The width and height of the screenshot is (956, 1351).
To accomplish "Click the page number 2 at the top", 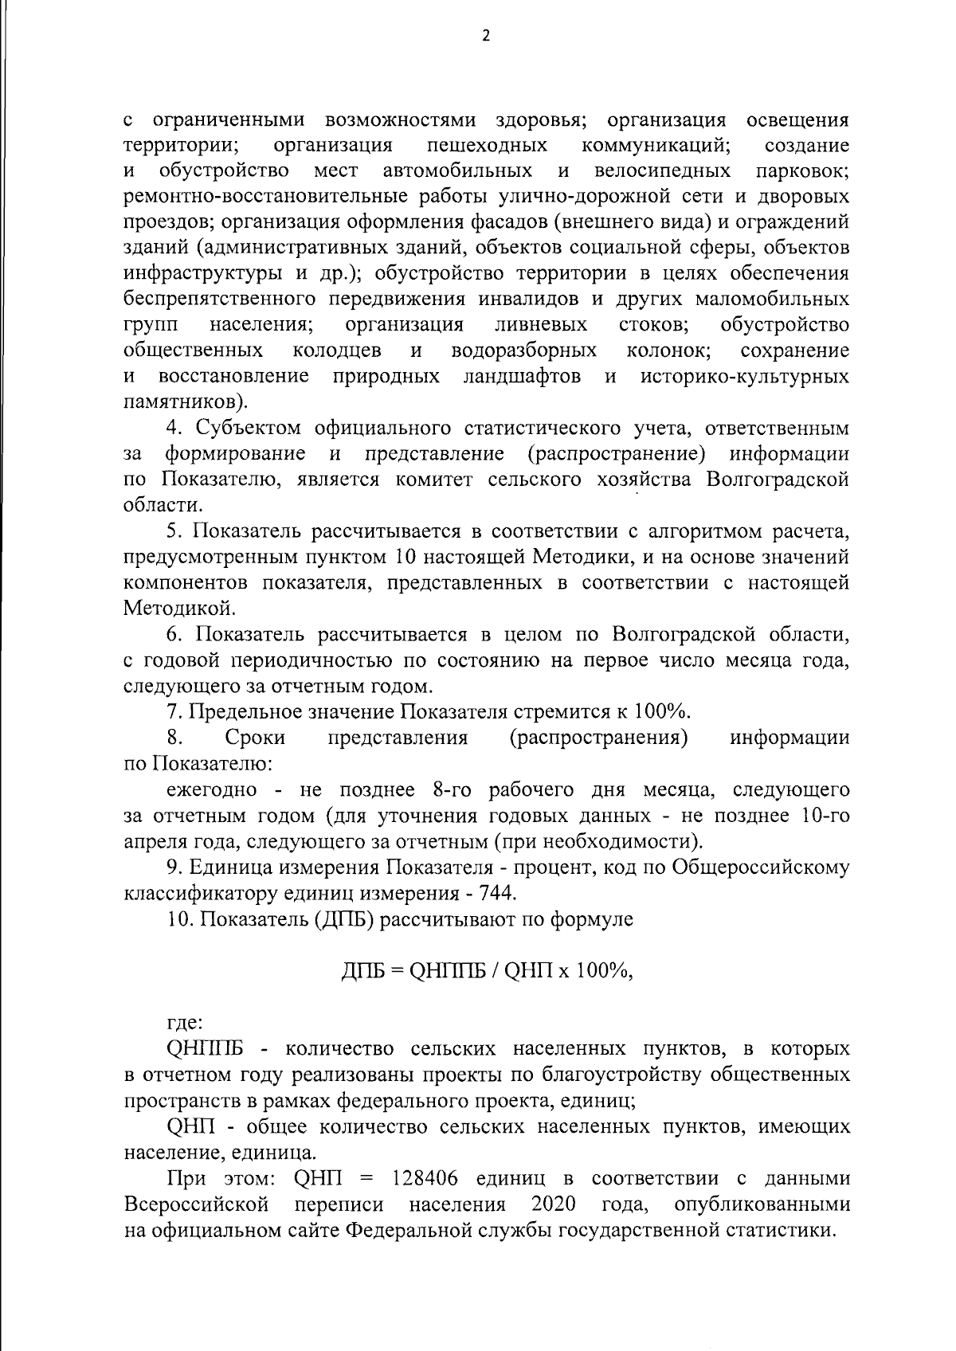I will pyautogui.click(x=485, y=36).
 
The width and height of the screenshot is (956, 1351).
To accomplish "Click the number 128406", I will pyautogui.click(x=428, y=1178).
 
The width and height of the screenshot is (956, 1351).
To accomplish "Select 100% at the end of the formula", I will pyautogui.click(x=605, y=970).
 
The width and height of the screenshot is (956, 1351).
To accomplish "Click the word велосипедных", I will pyautogui.click(x=663, y=171).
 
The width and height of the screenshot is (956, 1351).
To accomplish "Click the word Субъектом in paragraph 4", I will pyautogui.click(x=249, y=428).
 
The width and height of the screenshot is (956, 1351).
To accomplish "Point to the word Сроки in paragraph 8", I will pyautogui.click(x=256, y=738).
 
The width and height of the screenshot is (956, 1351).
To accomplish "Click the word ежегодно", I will pyautogui.click(x=212, y=789).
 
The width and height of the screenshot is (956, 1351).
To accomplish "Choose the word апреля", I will pyautogui.click(x=156, y=841).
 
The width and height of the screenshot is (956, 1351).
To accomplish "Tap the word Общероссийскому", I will pyautogui.click(x=762, y=867).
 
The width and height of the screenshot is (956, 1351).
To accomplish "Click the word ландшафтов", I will pyautogui.click(x=522, y=376).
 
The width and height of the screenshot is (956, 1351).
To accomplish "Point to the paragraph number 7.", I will pyautogui.click(x=172, y=711).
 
